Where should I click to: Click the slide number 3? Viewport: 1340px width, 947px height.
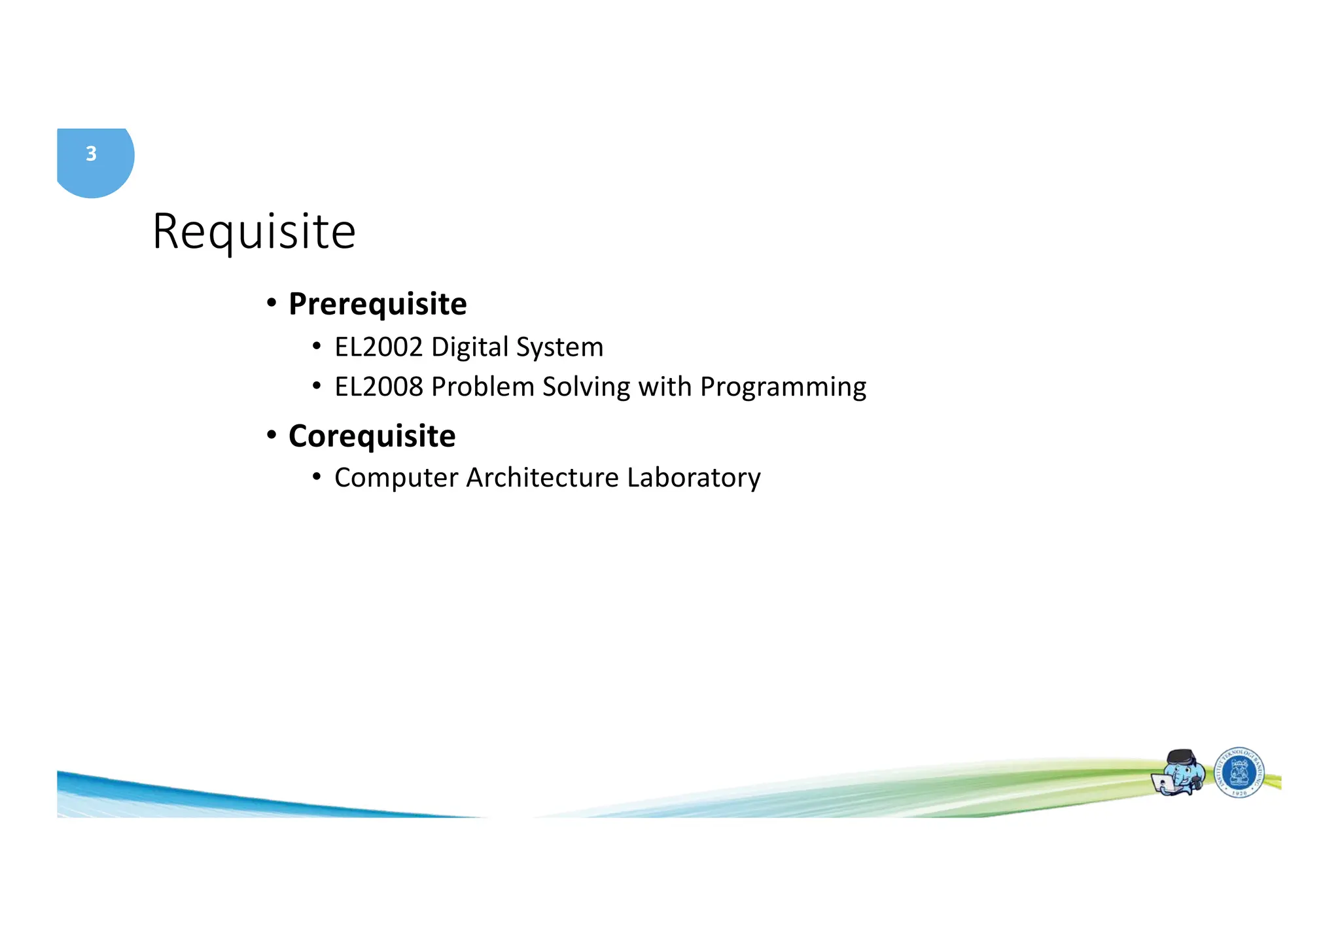91,154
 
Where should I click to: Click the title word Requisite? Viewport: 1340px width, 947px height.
254,232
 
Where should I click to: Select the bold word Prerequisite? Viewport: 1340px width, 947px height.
378,304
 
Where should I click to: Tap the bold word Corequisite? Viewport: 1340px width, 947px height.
372,436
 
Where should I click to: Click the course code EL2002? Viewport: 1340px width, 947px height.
379,347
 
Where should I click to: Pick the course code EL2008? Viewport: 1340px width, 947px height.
379,387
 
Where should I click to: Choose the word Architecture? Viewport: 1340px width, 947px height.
542,477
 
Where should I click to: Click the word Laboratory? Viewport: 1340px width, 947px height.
694,477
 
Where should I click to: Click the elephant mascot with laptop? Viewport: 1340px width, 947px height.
1179,773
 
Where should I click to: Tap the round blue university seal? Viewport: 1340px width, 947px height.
1239,773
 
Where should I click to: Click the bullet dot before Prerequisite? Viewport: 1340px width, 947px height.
272,303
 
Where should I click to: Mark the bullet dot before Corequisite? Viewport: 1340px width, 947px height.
272,435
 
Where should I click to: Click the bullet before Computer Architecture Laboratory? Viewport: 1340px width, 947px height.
317,477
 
